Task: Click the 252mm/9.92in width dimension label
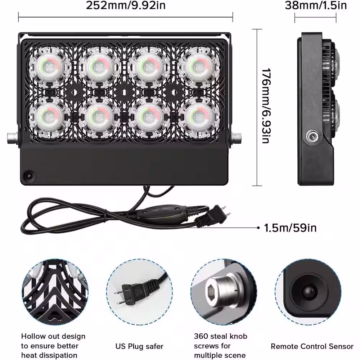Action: coord(126,5)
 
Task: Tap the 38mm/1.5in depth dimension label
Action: coord(316,5)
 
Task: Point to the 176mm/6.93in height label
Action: coord(266,105)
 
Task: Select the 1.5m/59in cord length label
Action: coord(290,228)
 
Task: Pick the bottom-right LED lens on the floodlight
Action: coord(199,117)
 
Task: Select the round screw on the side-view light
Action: coord(311,137)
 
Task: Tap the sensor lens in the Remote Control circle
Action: coord(308,292)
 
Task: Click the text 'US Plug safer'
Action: coord(139,346)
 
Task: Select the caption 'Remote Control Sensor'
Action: coord(312,346)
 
